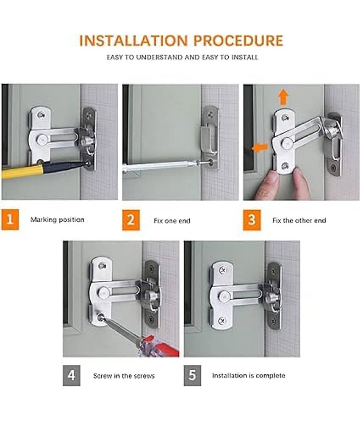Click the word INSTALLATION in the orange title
click(133, 41)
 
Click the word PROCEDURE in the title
click(238, 41)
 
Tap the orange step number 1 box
click(10, 220)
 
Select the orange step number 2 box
click(131, 220)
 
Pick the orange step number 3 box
click(252, 220)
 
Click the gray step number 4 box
click(72, 375)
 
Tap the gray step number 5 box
click(193, 375)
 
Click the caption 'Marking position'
click(57, 220)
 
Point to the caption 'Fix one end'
click(172, 221)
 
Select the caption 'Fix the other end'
click(299, 220)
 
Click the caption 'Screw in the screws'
click(124, 376)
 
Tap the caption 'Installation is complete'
click(249, 375)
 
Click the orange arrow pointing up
click(283, 97)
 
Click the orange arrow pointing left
click(260, 147)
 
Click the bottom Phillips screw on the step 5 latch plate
click(222, 321)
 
